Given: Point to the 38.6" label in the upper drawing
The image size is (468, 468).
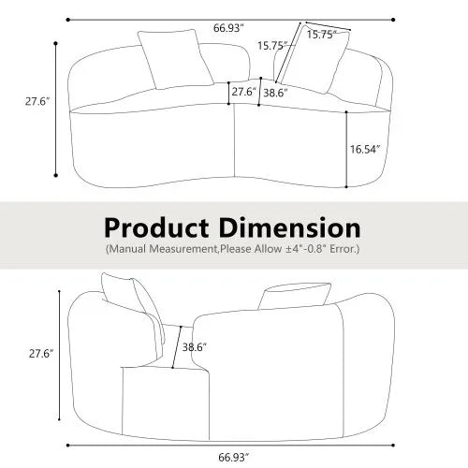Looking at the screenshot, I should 274,94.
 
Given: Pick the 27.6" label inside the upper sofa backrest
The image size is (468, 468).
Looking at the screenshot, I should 242,93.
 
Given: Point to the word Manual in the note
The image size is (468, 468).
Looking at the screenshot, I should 130,250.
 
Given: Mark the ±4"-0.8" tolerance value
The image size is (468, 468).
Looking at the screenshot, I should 300,250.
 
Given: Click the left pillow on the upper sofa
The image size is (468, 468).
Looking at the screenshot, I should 175,58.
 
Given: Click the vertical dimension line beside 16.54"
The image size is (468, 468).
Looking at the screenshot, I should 346,148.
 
